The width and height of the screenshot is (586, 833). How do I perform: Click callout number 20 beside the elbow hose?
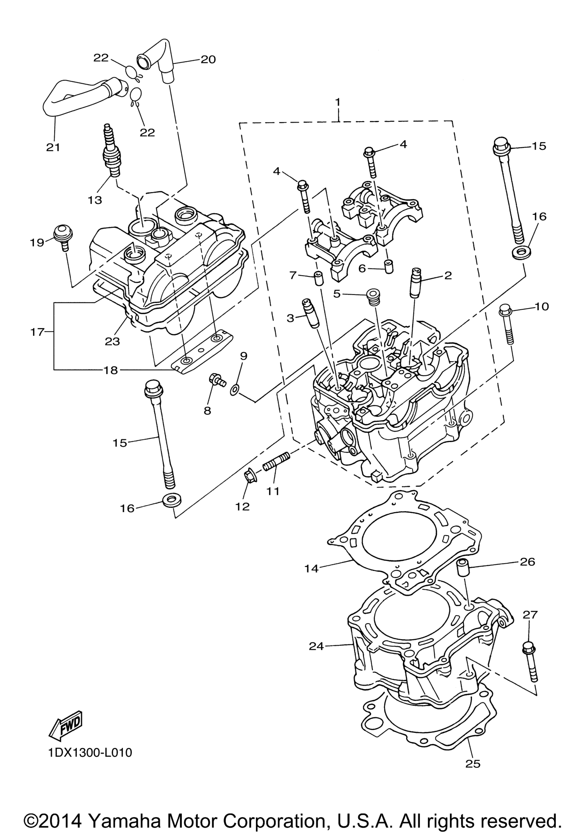click(208, 59)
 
